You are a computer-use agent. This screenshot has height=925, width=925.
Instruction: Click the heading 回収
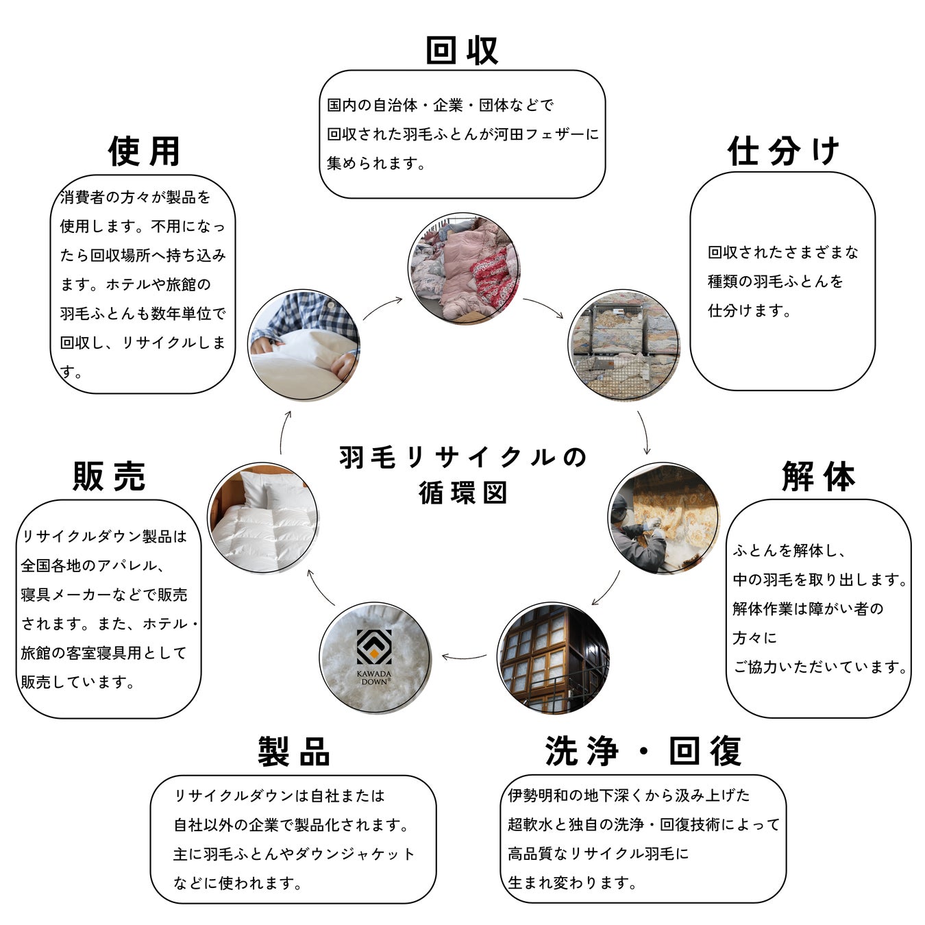[x=462, y=50]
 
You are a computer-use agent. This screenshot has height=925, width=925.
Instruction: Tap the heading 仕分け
[x=783, y=151]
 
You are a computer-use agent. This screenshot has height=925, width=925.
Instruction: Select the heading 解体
[x=818, y=476]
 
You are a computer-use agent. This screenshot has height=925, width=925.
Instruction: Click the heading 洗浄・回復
[x=643, y=751]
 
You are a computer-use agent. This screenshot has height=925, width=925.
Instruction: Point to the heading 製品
[x=294, y=752]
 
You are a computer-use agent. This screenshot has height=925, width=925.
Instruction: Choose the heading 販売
[x=109, y=476]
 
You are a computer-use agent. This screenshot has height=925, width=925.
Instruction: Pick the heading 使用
[x=144, y=151]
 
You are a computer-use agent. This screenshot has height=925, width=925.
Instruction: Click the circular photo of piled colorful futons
[x=464, y=268]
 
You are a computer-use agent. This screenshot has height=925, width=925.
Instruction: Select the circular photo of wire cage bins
[x=624, y=345]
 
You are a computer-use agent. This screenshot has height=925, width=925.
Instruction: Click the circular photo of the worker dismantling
[x=663, y=518]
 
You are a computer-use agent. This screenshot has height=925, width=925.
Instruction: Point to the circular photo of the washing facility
[x=552, y=658]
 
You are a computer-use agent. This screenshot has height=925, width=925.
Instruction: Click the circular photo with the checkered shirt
[x=304, y=345]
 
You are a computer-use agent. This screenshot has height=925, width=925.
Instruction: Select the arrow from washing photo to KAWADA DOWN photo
[x=464, y=657]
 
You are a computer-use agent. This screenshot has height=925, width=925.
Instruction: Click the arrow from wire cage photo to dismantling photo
[x=644, y=432]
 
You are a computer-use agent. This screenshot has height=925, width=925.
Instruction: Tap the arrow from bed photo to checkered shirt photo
[x=284, y=432]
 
